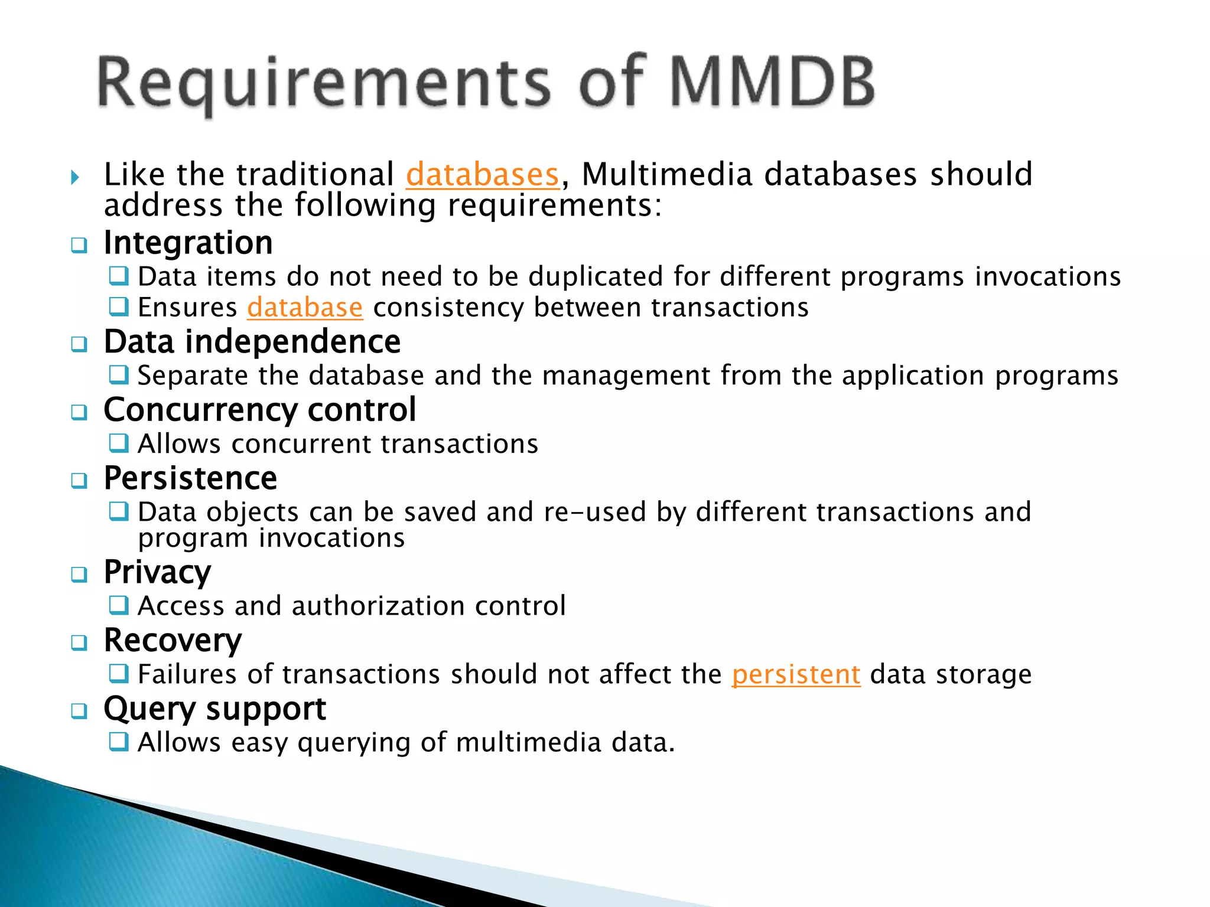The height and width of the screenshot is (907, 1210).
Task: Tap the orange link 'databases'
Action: coord(482,175)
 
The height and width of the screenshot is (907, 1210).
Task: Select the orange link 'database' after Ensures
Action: coord(305,308)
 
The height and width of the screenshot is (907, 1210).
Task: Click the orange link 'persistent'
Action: coord(796,674)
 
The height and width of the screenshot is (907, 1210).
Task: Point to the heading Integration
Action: coord(188,243)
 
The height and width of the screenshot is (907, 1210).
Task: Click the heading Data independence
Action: coord(252,342)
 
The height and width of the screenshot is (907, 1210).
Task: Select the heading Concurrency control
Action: coord(260,410)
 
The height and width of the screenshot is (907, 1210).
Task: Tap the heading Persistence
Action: coord(190,478)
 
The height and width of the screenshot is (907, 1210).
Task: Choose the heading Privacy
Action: coord(157,572)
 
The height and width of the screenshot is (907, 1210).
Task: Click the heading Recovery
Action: coord(173,641)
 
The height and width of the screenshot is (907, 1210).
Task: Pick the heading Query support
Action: coord(214,709)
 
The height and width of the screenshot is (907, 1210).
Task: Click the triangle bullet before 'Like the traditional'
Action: coord(74,177)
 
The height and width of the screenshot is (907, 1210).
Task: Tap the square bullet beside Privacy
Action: coord(79,575)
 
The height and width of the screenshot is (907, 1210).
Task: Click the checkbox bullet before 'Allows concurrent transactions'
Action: coord(119,443)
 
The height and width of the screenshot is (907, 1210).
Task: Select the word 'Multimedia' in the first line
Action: coord(667,175)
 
